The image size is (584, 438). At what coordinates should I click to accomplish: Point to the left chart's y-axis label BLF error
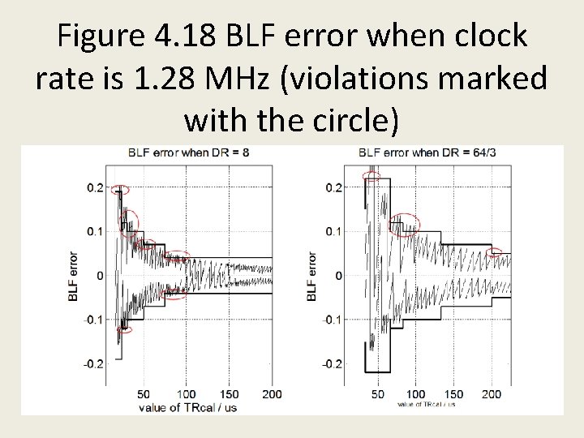[74, 277]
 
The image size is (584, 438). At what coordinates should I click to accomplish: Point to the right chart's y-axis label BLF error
[311, 277]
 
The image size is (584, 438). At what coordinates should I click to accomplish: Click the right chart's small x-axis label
[426, 403]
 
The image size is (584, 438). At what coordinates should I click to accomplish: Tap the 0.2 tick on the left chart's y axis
[96, 188]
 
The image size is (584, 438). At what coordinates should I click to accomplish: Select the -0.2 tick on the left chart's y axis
[94, 363]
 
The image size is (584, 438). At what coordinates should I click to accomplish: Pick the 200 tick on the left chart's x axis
[273, 394]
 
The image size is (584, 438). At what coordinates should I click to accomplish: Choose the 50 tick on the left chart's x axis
[144, 394]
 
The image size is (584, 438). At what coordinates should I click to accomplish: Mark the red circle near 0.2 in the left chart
[120, 190]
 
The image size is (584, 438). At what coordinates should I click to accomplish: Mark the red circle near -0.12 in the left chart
[124, 329]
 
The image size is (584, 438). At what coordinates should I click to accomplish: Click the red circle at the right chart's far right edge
[495, 252]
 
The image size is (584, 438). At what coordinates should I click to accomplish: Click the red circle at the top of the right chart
[373, 174]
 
